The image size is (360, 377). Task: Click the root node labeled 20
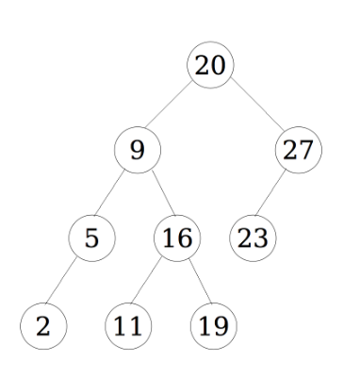[211, 66]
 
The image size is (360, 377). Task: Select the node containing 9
[138, 150]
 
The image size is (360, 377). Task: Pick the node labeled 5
[91, 238]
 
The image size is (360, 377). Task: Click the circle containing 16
[174, 238]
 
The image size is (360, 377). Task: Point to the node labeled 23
[251, 238]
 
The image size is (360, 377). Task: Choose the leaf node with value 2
[43, 326]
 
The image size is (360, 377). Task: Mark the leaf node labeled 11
[126, 326]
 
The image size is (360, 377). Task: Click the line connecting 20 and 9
[174, 107]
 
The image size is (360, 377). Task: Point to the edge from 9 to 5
[114, 194]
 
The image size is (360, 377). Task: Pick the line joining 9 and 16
[156, 194]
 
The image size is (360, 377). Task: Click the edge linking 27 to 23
[275, 194]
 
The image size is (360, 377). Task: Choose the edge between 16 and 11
[151, 282]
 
